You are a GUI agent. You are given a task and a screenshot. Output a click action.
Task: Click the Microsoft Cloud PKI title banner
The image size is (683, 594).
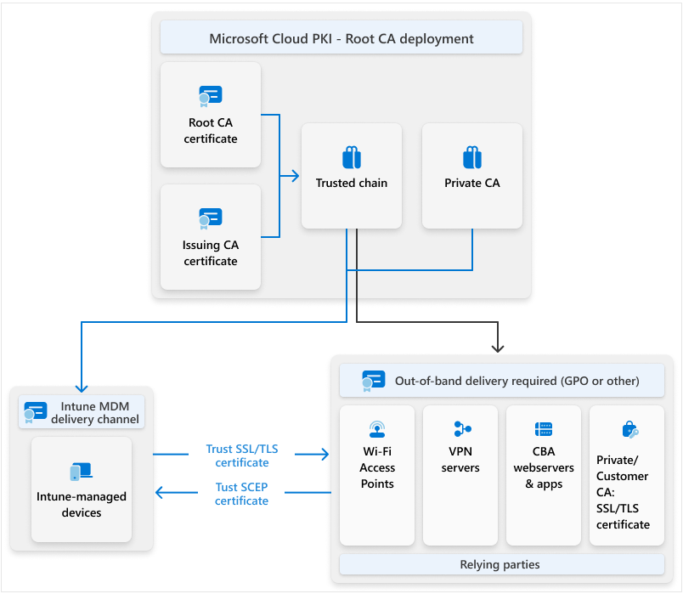point(341,39)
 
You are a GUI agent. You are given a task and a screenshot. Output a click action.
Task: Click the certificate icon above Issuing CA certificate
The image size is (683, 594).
point(210,218)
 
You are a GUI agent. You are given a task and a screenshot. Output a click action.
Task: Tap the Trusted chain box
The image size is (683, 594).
point(351,176)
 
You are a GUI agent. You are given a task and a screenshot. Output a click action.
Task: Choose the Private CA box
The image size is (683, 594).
point(471,176)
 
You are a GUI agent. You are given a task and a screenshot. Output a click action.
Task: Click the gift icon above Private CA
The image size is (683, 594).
point(472,157)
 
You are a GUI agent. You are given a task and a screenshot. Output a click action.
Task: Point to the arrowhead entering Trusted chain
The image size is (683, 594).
point(295,176)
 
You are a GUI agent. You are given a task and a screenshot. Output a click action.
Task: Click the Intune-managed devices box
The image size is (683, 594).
point(82,489)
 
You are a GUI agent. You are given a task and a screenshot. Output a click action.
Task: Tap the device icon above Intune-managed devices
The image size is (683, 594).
point(82,472)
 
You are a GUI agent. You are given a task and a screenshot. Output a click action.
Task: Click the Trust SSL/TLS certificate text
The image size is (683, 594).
point(241,455)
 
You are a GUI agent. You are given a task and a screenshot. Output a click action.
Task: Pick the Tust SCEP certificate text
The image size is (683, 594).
point(241,494)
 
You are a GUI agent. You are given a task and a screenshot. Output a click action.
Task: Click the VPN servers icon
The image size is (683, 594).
point(461,429)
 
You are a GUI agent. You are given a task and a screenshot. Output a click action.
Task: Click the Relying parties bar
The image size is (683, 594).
point(501,564)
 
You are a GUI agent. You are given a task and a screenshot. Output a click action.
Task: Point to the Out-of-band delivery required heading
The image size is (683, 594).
point(516,381)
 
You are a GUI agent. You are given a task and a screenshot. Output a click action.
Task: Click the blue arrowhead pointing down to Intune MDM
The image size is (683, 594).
point(82,383)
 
